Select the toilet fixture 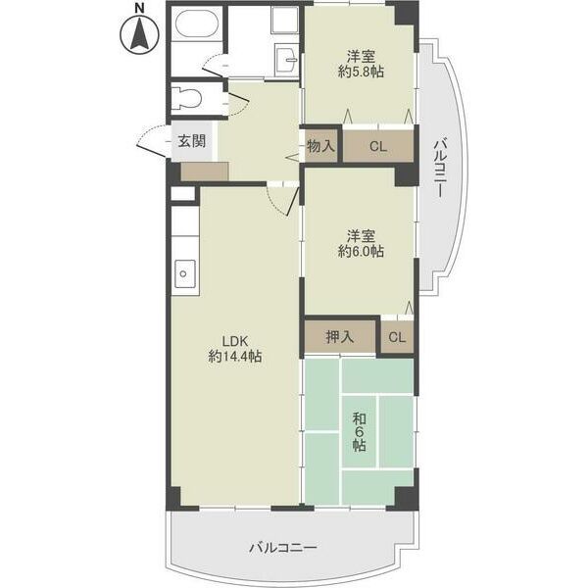(187, 98)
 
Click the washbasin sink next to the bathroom (286, 59)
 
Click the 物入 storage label (320, 146)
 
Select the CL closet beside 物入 (378, 146)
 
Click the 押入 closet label (340, 337)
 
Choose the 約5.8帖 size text (360, 72)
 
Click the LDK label (233, 342)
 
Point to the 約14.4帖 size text (233, 358)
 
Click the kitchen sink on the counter (183, 274)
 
